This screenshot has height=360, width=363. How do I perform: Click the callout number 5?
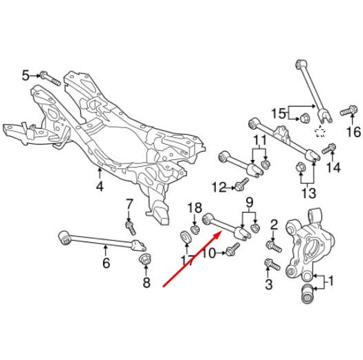point(26,75)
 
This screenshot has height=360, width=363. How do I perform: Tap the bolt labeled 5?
point(50,78)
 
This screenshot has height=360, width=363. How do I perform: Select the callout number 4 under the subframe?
point(100,186)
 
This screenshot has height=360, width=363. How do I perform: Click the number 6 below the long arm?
point(106,262)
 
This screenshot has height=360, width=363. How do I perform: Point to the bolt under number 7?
point(131,228)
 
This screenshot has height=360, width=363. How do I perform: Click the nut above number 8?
point(145,259)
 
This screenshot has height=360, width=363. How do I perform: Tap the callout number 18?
point(195,208)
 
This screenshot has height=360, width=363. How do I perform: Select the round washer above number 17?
point(186,237)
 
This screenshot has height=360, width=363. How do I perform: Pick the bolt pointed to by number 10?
point(232,249)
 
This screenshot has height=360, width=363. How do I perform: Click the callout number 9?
point(249,203)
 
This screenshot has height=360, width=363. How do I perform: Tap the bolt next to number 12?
point(242,184)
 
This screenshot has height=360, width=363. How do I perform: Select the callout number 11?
point(260,141)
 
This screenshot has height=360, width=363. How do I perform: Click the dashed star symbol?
point(320,132)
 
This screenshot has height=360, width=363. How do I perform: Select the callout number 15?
point(279,114)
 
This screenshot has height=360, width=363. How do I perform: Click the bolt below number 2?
point(274,246)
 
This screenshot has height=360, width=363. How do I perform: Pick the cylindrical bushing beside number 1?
point(308,294)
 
